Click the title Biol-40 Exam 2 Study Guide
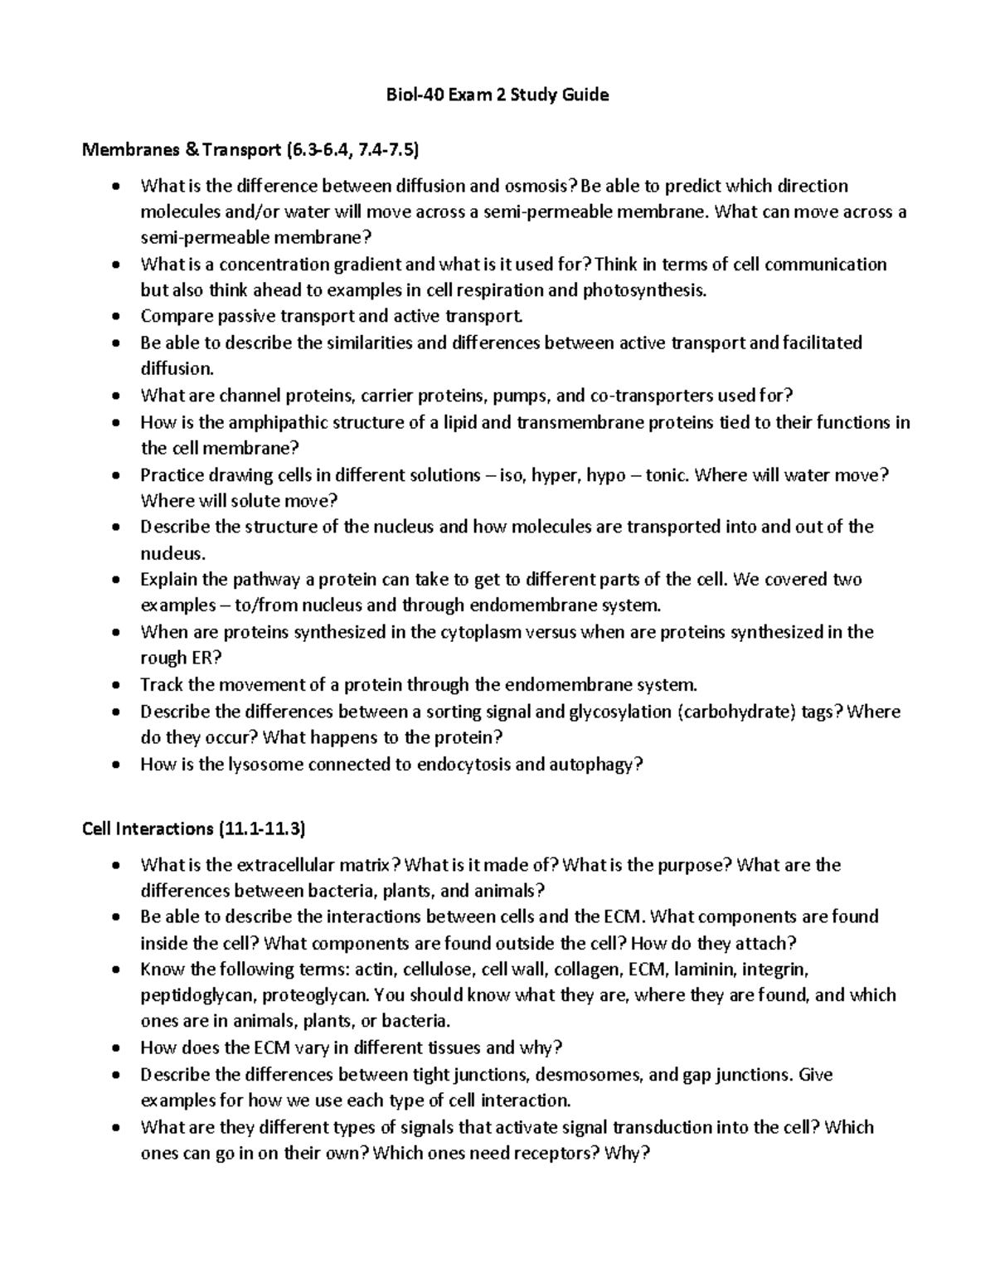coord(498,95)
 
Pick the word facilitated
coord(823,343)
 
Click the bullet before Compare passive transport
coord(119,317)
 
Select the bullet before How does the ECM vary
coord(119,1048)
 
